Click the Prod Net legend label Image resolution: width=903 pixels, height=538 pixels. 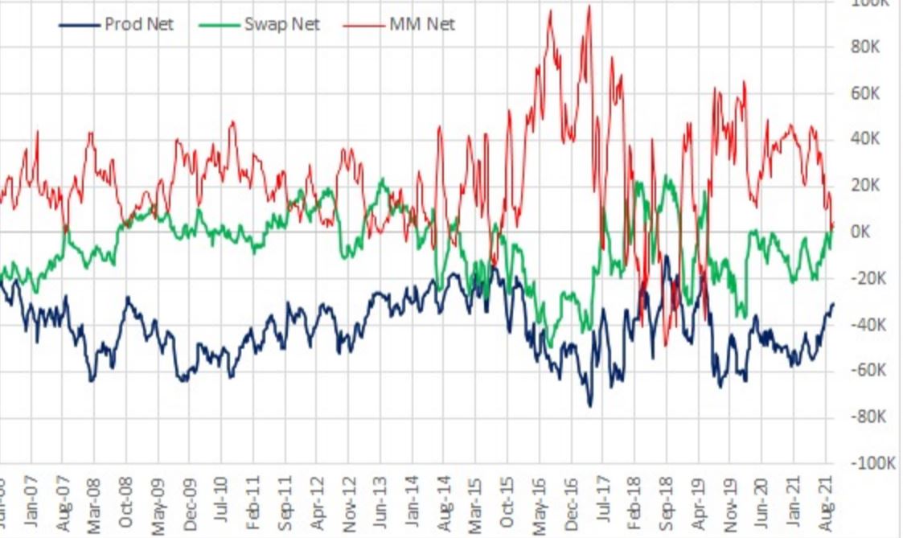click(x=138, y=24)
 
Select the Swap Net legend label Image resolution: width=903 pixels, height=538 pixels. click(x=282, y=24)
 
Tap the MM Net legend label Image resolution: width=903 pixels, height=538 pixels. click(x=421, y=24)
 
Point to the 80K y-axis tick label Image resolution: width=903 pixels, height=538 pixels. click(x=867, y=47)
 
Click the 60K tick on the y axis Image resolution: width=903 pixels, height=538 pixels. click(x=867, y=93)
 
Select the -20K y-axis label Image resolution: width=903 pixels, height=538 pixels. click(x=867, y=278)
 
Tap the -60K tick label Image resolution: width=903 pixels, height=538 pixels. click(x=867, y=370)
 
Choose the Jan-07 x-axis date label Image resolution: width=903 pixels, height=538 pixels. click(x=31, y=503)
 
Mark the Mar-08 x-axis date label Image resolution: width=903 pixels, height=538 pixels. click(x=95, y=503)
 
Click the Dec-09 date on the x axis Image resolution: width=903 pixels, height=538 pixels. click(x=190, y=503)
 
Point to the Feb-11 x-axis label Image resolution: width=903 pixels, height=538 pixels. click(x=253, y=503)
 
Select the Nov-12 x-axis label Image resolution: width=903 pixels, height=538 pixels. click(x=349, y=503)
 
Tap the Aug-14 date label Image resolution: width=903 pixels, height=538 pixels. click(x=445, y=503)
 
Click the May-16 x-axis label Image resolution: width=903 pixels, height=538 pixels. click(x=540, y=503)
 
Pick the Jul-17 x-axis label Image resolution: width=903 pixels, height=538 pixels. click(x=603, y=503)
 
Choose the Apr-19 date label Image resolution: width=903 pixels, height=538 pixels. click(x=699, y=503)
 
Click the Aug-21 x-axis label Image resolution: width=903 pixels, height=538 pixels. click(x=826, y=503)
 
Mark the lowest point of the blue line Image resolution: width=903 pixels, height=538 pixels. click(x=589, y=405)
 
